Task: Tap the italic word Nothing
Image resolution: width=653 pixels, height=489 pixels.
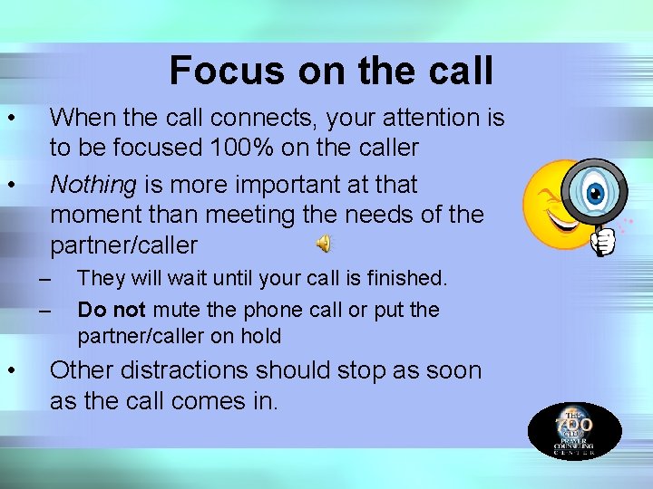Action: pyautogui.click(x=93, y=185)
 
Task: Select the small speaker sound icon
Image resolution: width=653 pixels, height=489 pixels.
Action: pyautogui.click(x=324, y=243)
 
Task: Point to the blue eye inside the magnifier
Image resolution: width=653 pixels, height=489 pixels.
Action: pyautogui.click(x=595, y=193)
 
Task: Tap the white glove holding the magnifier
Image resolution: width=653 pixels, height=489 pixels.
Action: pyautogui.click(x=603, y=241)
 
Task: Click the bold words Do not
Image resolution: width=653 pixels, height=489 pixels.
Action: pyautogui.click(x=112, y=310)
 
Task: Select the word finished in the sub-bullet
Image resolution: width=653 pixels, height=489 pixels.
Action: pyautogui.click(x=407, y=277)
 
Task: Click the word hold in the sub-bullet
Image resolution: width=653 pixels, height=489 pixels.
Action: pyautogui.click(x=260, y=336)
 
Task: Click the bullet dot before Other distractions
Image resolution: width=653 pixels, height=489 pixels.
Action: pyautogui.click(x=9, y=369)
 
